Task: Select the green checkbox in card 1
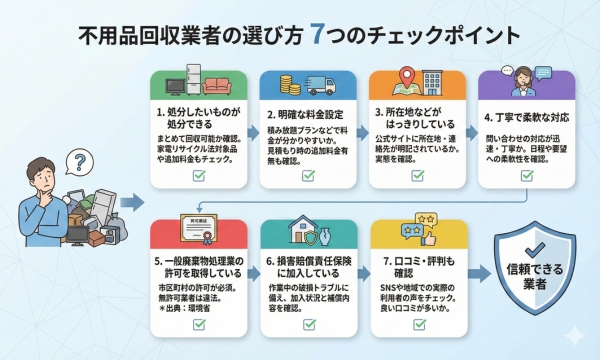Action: point(198,174)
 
